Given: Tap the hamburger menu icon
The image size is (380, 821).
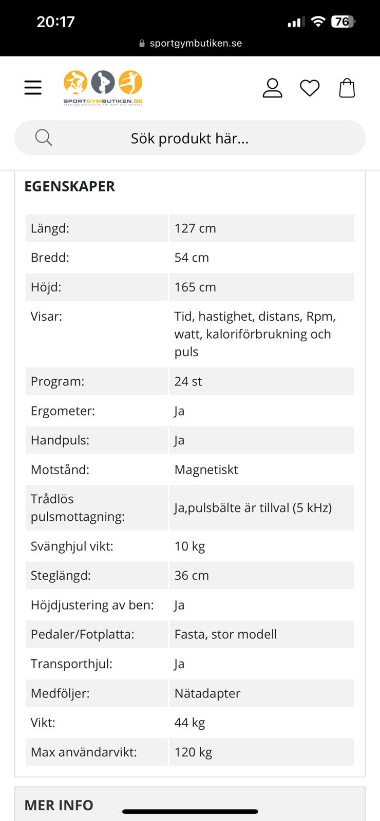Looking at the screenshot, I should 33,88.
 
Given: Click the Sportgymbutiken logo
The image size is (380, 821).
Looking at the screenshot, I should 103,88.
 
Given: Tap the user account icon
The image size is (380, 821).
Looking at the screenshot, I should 272,88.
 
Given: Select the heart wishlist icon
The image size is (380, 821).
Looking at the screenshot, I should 310,88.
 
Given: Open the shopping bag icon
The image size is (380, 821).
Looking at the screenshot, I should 347,88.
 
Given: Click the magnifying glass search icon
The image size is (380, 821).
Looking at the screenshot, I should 44,138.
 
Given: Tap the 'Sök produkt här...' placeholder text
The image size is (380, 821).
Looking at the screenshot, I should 189,139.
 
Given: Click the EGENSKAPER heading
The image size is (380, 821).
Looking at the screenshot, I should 70,186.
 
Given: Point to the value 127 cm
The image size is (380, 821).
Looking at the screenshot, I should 195,228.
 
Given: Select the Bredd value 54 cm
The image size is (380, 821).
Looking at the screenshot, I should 192,258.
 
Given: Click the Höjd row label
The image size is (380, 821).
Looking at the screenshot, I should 46,287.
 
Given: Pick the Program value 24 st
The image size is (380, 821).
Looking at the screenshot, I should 188,381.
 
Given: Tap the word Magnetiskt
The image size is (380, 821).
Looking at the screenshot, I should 206,470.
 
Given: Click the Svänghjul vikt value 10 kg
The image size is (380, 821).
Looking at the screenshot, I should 189,546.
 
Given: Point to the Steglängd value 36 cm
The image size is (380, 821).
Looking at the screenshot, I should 192,575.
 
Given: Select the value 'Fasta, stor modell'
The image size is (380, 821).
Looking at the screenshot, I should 225,634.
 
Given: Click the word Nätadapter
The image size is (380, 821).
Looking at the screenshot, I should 207,693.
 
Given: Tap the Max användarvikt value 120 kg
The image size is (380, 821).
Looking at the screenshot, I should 193,752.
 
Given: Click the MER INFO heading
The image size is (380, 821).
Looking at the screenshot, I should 59,805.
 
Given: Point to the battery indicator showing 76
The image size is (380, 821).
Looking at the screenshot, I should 343,22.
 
